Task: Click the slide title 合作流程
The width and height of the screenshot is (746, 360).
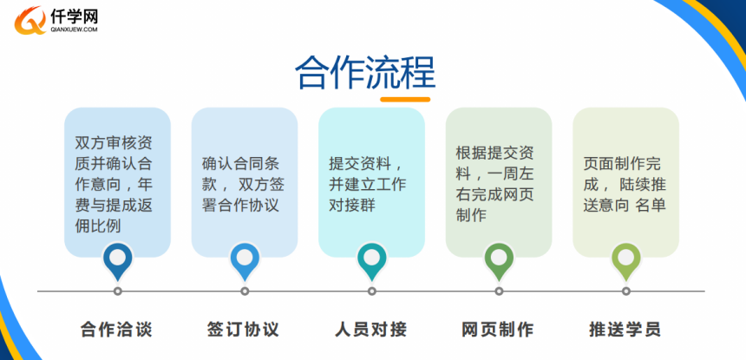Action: click(x=365, y=73)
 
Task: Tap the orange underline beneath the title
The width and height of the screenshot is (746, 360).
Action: click(x=405, y=100)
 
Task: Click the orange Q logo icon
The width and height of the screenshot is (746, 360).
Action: click(x=30, y=21)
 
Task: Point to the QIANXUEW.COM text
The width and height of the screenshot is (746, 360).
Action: click(x=74, y=29)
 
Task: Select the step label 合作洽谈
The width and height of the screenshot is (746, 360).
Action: click(x=116, y=329)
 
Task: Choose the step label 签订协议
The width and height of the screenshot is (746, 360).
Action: click(x=244, y=329)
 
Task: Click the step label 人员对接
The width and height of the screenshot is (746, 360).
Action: click(x=371, y=329)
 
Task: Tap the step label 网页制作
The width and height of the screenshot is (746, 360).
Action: click(x=498, y=329)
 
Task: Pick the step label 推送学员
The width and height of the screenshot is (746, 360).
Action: click(x=625, y=329)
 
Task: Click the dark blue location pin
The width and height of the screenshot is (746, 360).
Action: click(x=117, y=261)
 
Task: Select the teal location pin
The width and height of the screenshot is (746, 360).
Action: click(x=371, y=261)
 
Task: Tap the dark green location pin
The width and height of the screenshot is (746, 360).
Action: click(x=499, y=261)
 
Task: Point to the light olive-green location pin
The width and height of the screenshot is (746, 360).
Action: click(x=626, y=261)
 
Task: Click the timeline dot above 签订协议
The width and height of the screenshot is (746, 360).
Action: click(x=245, y=291)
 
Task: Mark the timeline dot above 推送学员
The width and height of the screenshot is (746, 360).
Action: click(x=626, y=291)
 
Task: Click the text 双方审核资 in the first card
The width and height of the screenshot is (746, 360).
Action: click(x=114, y=142)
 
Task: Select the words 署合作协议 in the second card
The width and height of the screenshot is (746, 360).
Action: click(x=240, y=206)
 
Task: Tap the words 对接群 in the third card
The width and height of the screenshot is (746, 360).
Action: click(x=352, y=206)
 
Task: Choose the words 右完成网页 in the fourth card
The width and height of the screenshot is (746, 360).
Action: click(x=494, y=194)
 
